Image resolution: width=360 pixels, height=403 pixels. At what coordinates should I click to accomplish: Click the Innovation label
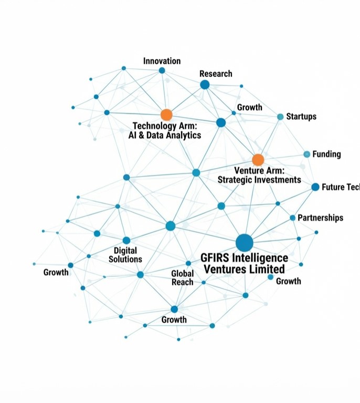click(x=162, y=61)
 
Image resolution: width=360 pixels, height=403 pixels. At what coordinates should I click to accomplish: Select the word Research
click(x=215, y=74)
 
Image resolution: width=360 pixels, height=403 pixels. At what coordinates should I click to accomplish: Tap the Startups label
click(x=301, y=116)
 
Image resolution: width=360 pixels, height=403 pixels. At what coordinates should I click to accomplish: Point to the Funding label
click(x=326, y=154)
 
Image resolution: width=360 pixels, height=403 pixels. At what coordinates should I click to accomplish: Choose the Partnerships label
click(x=320, y=218)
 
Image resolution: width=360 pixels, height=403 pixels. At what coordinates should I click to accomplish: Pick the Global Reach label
click(x=182, y=277)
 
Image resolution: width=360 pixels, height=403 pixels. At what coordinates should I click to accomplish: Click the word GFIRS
click(x=217, y=258)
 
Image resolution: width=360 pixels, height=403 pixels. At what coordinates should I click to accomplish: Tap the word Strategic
click(x=240, y=180)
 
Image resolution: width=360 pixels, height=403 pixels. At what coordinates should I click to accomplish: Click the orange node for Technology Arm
click(x=166, y=115)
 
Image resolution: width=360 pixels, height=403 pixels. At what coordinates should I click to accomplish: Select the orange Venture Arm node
click(x=258, y=160)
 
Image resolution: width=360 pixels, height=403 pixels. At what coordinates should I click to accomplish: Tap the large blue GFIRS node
click(x=244, y=243)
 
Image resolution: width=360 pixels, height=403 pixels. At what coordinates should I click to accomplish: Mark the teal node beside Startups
click(x=280, y=117)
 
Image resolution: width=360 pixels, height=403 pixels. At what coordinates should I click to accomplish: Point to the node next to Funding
click(x=307, y=154)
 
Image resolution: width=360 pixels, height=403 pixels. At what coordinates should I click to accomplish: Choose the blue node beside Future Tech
click(x=315, y=187)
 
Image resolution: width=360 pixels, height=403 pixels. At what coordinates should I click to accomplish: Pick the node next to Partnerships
click(x=292, y=218)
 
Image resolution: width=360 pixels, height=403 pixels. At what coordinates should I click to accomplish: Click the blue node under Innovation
click(x=162, y=70)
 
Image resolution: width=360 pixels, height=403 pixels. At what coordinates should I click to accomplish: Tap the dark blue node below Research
click(x=205, y=85)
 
